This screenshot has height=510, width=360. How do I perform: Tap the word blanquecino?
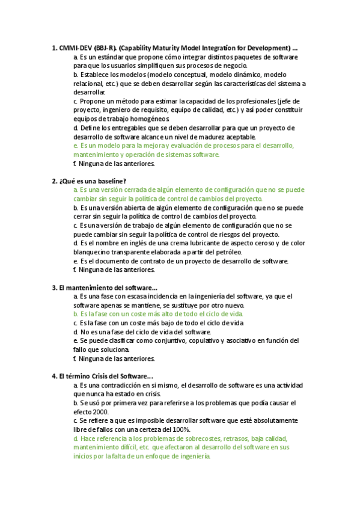(x=92, y=252)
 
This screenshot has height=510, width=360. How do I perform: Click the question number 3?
(x=55, y=287)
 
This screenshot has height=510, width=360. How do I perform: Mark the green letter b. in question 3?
(x=76, y=314)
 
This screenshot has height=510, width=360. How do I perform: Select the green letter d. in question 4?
(x=76, y=438)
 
